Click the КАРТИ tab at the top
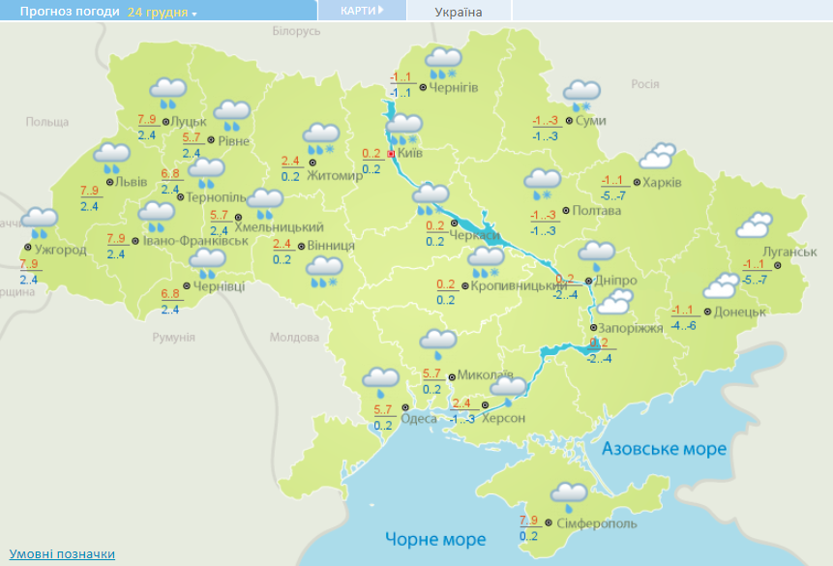tap(362, 10)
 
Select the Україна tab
tap(459, 12)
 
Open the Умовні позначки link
tap(63, 553)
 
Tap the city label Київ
tap(410, 153)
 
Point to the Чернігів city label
tap(453, 88)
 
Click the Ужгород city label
tap(60, 250)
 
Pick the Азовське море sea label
tap(663, 449)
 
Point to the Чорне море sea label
tap(435, 538)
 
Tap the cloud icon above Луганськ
tap(756, 225)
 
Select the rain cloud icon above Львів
tap(112, 156)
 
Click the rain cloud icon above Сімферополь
tap(569, 494)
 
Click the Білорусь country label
tap(296, 32)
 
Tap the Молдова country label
tap(294, 338)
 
